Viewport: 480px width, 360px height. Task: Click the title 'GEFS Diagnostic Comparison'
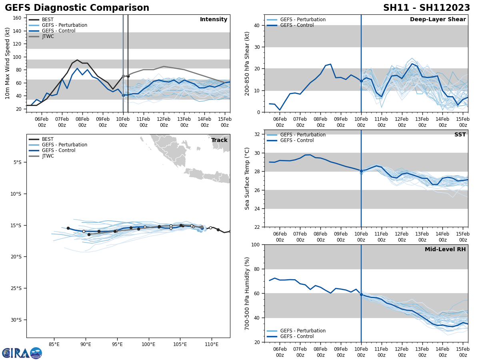pyautogui.click(x=77, y=8)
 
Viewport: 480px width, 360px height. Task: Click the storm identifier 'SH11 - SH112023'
pyautogui.click(x=426, y=8)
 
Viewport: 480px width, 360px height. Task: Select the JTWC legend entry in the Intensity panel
pyautogui.click(x=48, y=36)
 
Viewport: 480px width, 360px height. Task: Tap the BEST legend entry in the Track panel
pyautogui.click(x=48, y=139)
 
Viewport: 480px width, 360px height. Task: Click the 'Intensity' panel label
pyautogui.click(x=214, y=20)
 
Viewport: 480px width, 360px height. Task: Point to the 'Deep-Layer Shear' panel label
pyautogui.click(x=438, y=20)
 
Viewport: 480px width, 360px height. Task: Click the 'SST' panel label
pyautogui.click(x=460, y=135)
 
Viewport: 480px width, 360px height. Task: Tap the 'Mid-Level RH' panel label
pyautogui.click(x=445, y=250)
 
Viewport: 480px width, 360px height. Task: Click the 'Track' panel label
pyautogui.click(x=219, y=140)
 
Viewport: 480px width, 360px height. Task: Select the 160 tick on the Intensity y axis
pyautogui.click(x=17, y=18)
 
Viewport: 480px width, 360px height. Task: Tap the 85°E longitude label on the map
pyautogui.click(x=54, y=344)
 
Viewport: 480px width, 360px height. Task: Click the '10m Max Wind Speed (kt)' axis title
pyautogui.click(x=8, y=63)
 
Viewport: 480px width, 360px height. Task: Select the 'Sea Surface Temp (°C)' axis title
pyautogui.click(x=247, y=178)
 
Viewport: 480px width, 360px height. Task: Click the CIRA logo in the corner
pyautogui.click(x=22, y=353)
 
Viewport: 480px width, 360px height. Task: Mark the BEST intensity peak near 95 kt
pyautogui.click(x=77, y=60)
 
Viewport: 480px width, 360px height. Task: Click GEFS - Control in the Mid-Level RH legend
pyautogui.click(x=297, y=336)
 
